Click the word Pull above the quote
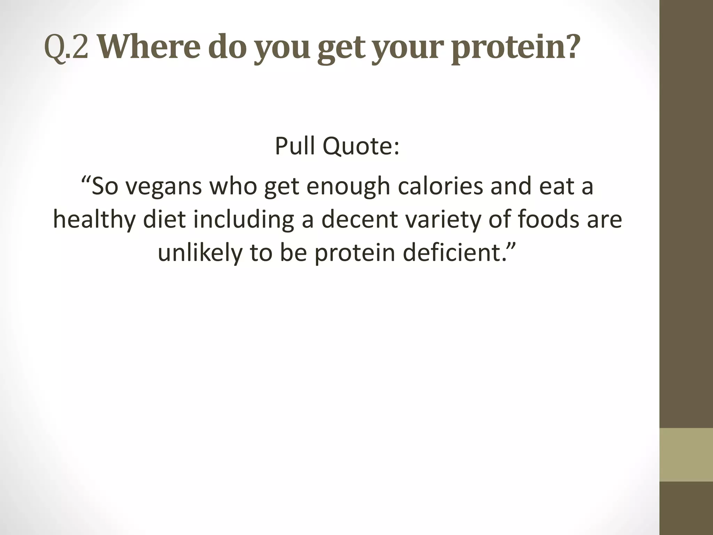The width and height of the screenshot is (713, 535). [295, 146]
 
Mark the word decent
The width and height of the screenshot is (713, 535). [359, 219]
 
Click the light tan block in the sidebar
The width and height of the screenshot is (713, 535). [686, 455]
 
